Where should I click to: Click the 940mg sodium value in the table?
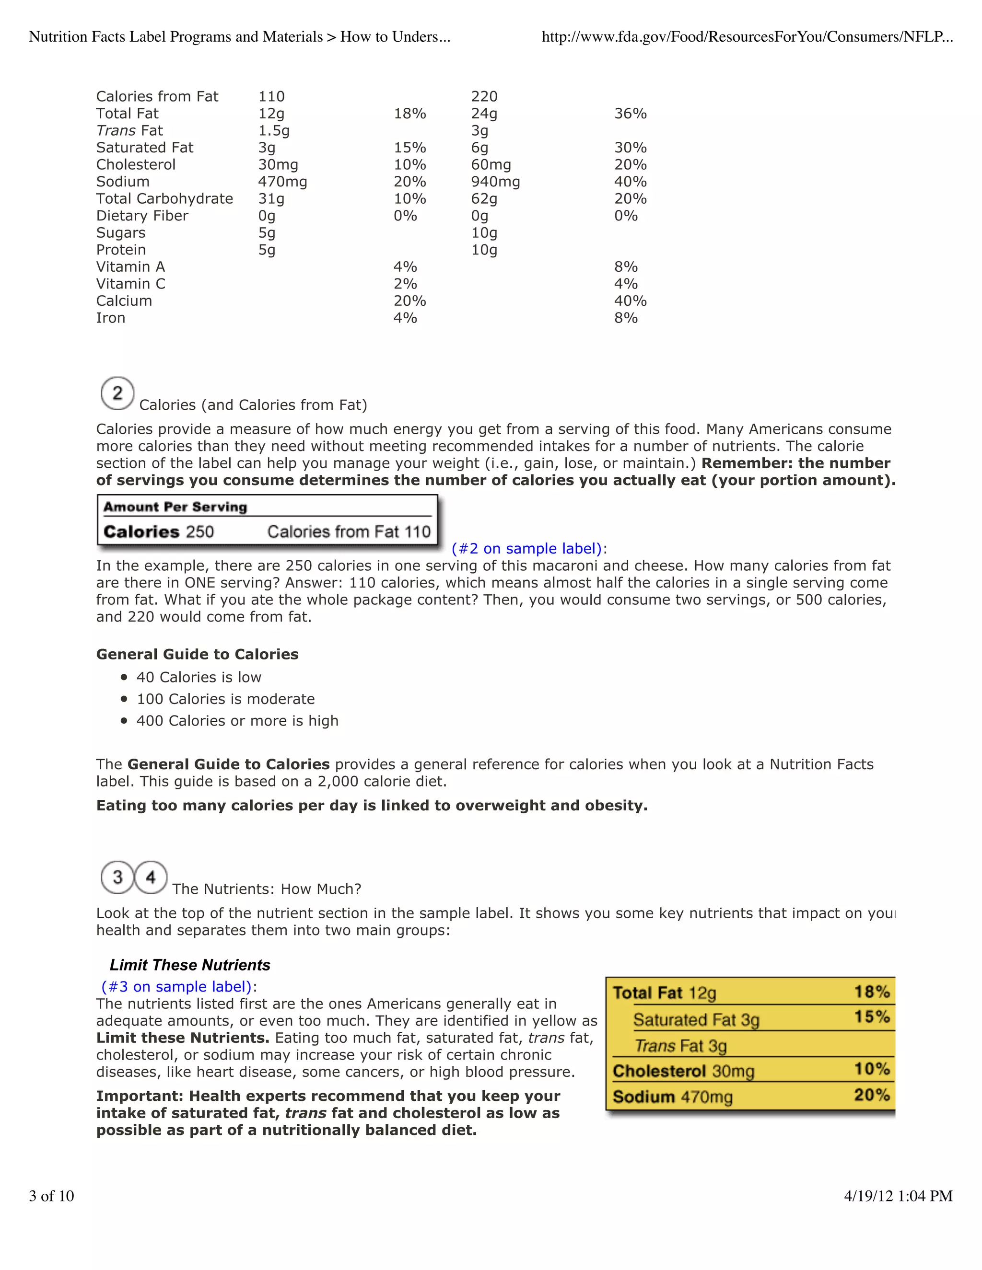pos(495,182)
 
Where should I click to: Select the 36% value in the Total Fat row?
pos(630,114)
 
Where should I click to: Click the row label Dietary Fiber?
pos(142,216)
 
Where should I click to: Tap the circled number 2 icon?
pos(117,393)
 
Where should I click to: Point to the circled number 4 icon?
pos(151,877)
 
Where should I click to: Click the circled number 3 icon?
pos(117,877)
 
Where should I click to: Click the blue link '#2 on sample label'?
pos(526,549)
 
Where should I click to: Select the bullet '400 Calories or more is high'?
pos(237,721)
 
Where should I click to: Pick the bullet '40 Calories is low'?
pos(199,678)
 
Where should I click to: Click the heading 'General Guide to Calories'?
pos(197,655)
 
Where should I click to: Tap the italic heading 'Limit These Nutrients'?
pos(190,965)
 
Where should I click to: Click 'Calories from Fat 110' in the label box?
pos(349,532)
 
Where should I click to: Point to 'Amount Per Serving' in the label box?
pos(175,507)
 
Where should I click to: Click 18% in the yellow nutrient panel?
pos(871,992)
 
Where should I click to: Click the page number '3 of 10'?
pos(52,1196)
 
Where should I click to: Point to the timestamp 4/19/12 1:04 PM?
pos(898,1196)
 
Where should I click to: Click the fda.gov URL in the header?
pos(747,37)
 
